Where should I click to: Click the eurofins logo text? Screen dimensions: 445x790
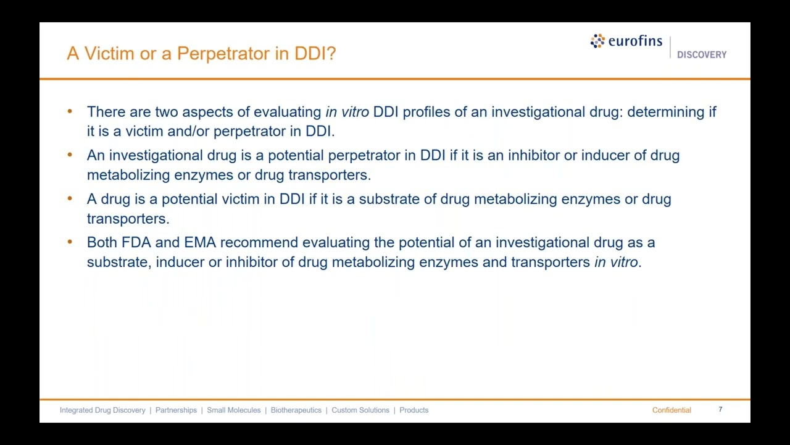[x=635, y=41]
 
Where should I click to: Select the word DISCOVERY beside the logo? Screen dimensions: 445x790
[x=702, y=55]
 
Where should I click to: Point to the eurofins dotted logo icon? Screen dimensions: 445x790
[x=597, y=41]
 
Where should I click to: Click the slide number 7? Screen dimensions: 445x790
[x=720, y=409]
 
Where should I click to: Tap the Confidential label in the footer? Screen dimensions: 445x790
[x=671, y=410]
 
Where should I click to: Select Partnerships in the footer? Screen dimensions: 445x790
[x=176, y=410]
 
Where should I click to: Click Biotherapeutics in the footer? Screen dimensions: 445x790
[x=296, y=410]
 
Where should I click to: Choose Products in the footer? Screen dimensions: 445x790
[x=414, y=410]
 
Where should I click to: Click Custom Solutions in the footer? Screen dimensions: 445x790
[x=360, y=410]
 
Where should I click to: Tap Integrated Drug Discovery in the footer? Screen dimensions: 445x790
[x=102, y=410]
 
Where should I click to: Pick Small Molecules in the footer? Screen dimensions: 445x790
[x=233, y=410]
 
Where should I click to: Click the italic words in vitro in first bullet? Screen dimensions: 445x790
[x=347, y=112]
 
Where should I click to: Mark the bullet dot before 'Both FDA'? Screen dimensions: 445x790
[x=70, y=242]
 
